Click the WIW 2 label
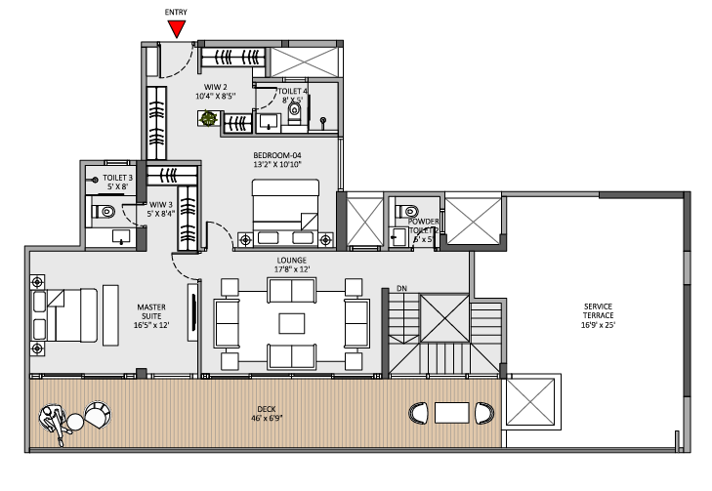click(x=210, y=91)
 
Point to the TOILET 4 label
click(x=293, y=95)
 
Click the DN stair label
click(x=401, y=289)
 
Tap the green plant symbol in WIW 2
click(x=208, y=118)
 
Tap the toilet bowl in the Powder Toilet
click(x=410, y=210)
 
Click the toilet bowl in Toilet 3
click(x=107, y=211)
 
